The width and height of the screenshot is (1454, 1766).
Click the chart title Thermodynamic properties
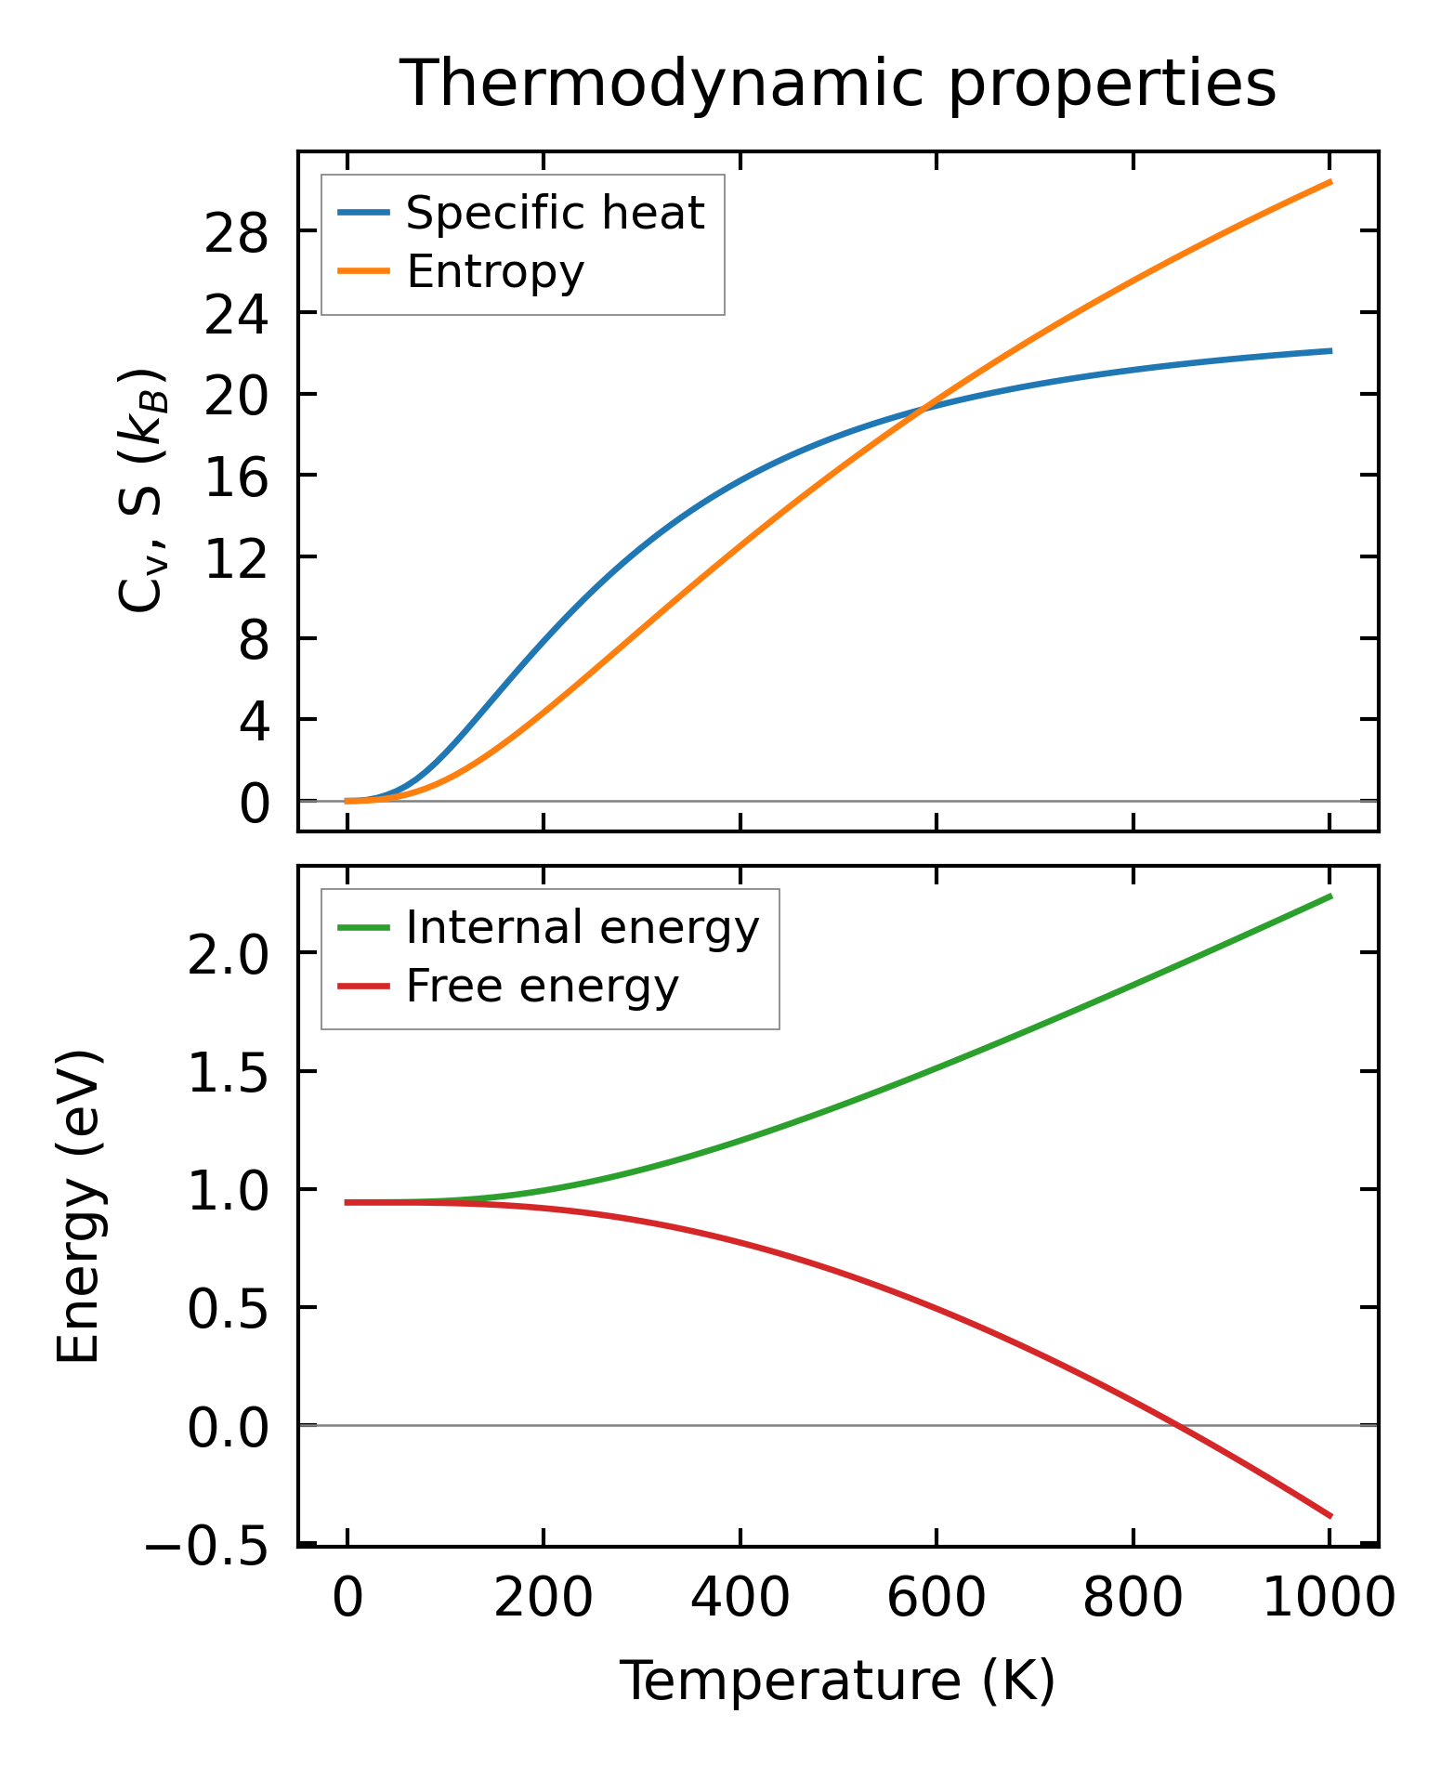click(838, 84)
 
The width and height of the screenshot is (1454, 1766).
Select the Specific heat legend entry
click(555, 213)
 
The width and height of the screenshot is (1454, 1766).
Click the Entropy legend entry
click(495, 271)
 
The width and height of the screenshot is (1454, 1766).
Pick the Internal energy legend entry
click(583, 927)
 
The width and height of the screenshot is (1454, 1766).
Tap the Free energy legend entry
click(543, 986)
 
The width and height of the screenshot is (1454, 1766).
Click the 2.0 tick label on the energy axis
click(228, 954)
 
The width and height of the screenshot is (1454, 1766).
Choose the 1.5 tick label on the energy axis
click(228, 1072)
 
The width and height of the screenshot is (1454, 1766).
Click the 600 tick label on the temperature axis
click(936, 1600)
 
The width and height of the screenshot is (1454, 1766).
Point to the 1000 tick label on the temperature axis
click(1330, 1600)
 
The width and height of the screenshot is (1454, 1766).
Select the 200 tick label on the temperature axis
click(544, 1600)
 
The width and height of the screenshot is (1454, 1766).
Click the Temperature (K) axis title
click(838, 1680)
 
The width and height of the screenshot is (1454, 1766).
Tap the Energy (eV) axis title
click(78, 1207)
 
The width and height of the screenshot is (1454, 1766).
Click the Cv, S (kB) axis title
click(141, 491)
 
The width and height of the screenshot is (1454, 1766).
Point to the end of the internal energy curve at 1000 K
click(1330, 896)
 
